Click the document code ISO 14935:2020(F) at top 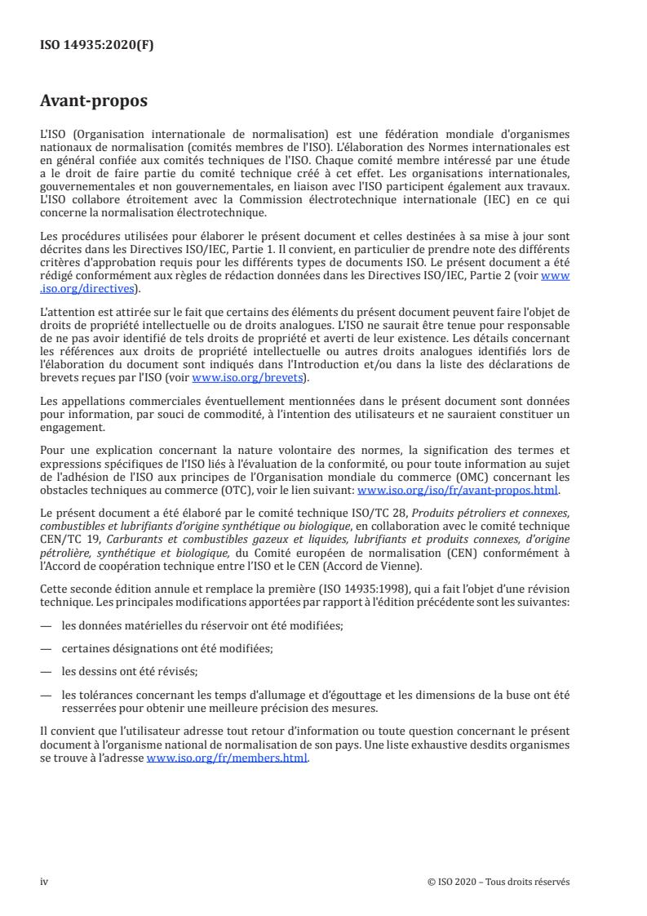(97, 46)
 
